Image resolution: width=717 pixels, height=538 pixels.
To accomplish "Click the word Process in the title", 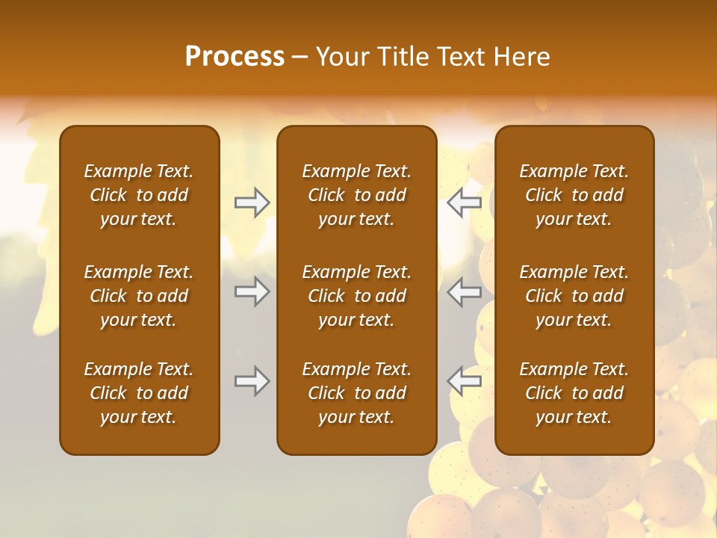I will click(235, 57).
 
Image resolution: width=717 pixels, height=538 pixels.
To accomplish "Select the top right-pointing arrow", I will click(252, 202).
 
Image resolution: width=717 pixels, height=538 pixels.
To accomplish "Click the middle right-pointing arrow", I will click(252, 291).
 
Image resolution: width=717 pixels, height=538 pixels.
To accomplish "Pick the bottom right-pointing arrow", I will click(252, 381).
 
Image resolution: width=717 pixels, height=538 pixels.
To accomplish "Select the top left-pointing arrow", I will click(465, 202).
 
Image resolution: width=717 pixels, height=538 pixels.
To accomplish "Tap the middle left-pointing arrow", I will click(465, 291).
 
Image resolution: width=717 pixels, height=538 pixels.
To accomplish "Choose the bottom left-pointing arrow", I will click(465, 381).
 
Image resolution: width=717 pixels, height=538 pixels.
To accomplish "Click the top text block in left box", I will click(139, 195).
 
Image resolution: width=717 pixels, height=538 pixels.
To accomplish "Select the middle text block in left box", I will click(139, 296).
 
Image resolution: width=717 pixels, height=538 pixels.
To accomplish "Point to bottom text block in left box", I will click(139, 393).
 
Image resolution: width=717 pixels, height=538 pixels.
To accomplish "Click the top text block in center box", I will click(356, 195).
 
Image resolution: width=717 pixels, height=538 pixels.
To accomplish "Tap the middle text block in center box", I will click(356, 296).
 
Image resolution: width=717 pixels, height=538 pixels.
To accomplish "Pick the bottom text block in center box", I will click(356, 393).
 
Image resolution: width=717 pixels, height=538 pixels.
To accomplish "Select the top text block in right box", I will click(574, 195).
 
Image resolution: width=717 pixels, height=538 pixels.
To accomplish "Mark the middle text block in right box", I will click(574, 296).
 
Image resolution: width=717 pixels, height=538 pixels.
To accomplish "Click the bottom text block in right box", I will click(574, 393).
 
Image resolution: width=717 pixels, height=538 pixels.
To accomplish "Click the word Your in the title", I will click(340, 57).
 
